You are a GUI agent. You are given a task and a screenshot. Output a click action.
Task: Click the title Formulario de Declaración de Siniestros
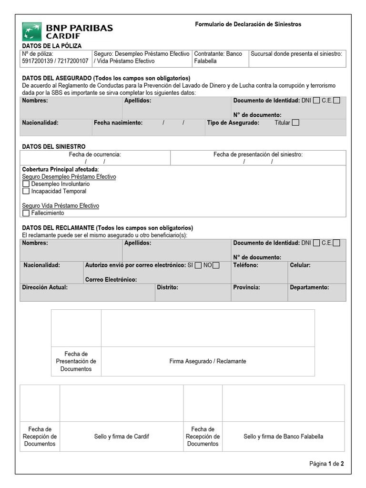pos(248,24)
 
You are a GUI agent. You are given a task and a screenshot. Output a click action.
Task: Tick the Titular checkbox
pos(295,123)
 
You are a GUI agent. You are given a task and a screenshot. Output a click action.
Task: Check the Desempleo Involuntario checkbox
pos(26,184)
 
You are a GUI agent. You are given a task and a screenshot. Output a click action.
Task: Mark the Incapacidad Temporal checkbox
pos(26,192)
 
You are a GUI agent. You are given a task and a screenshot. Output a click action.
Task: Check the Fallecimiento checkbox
pos(26,213)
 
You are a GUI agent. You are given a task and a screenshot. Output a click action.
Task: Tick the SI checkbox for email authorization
pos(198,265)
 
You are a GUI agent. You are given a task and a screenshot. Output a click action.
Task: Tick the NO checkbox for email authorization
pos(216,265)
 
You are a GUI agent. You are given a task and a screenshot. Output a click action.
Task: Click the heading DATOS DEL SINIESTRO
pos(54,146)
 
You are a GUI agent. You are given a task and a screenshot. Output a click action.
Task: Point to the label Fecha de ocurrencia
pos(95,154)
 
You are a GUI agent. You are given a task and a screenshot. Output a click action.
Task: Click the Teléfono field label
pos(245,265)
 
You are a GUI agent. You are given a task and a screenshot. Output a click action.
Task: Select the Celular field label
pos(300,265)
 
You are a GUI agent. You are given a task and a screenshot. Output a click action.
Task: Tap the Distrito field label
pos(168,287)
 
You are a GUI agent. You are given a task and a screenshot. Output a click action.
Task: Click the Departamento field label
pos(309,287)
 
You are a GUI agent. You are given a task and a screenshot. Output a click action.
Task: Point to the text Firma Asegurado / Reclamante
pos(208,361)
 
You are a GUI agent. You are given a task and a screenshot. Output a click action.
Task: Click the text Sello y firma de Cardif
pos(122,437)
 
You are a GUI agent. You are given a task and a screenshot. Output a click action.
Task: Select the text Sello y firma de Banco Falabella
pos(283,437)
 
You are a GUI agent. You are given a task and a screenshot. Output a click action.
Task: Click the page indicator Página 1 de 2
pos(326,464)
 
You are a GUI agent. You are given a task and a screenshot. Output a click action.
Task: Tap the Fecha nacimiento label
pos(118,123)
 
